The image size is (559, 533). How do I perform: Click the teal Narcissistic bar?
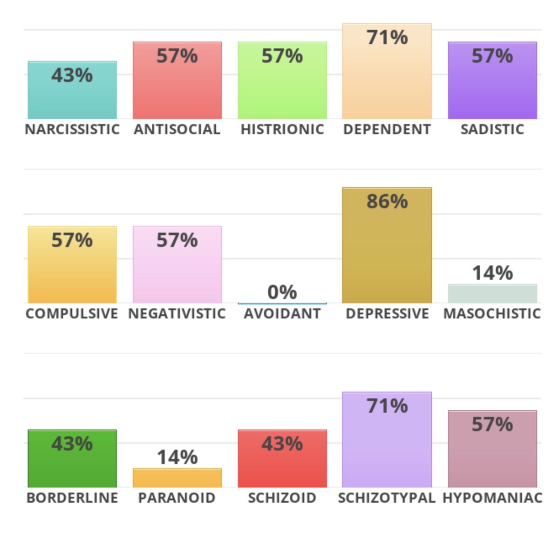pyautogui.click(x=72, y=90)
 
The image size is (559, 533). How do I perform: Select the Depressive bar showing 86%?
pyautogui.click(x=387, y=245)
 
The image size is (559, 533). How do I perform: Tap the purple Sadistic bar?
pyautogui.click(x=492, y=80)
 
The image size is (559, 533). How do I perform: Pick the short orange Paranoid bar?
pyautogui.click(x=177, y=478)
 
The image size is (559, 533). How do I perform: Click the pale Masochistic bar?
pyautogui.click(x=492, y=294)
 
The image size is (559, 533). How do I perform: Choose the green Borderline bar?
pyautogui.click(x=72, y=458)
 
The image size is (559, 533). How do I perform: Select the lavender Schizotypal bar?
pyautogui.click(x=387, y=440)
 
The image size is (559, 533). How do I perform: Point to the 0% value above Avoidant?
pyautogui.click(x=282, y=292)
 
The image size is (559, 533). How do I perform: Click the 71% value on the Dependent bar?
pyautogui.click(x=387, y=37)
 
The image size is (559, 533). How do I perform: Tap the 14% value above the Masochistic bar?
pyautogui.click(x=492, y=273)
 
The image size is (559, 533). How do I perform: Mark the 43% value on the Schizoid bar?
pyautogui.click(x=282, y=443)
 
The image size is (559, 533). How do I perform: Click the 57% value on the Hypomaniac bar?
pyautogui.click(x=492, y=424)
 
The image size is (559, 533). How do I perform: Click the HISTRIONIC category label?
pyautogui.click(x=282, y=130)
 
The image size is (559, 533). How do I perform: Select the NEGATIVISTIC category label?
pyautogui.click(x=177, y=314)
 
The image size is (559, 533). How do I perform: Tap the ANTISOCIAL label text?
pyautogui.click(x=177, y=130)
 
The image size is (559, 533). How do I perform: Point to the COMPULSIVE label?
pyautogui.click(x=72, y=314)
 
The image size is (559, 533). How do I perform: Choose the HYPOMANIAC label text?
pyautogui.click(x=492, y=498)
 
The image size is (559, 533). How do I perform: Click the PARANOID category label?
pyautogui.click(x=177, y=498)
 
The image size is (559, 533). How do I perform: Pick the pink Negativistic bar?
pyautogui.click(x=177, y=264)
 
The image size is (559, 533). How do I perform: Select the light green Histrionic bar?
pyautogui.click(x=282, y=80)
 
